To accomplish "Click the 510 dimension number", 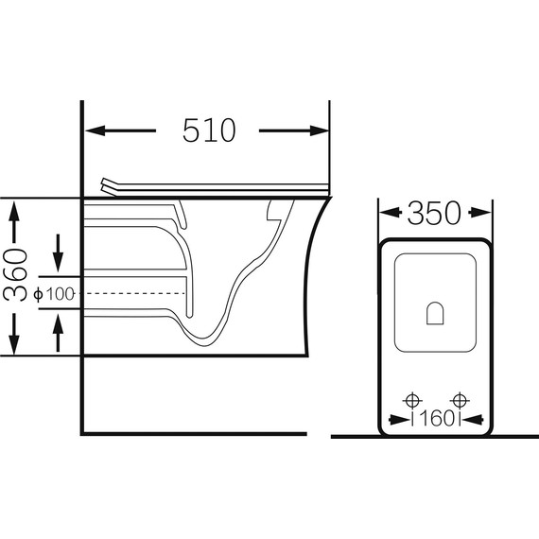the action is tap(209, 130).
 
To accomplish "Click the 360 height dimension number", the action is tap(15, 275).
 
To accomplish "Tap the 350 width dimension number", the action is tap(434, 213).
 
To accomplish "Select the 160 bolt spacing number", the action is tap(437, 419).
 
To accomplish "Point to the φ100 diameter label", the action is tap(54, 294).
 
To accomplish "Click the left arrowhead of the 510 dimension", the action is tap(96, 130).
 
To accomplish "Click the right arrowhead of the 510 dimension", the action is tap(320, 130).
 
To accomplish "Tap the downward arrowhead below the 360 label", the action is tap(14, 344).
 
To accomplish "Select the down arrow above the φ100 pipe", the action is tap(58, 253).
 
